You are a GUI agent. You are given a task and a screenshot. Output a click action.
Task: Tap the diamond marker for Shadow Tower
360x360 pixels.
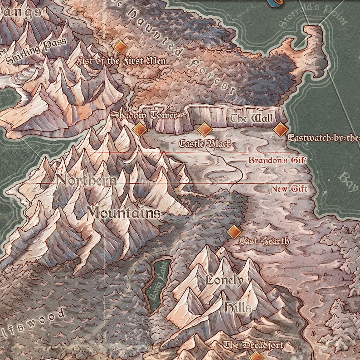coord(140,130)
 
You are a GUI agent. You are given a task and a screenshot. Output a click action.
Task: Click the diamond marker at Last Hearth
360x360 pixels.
coord(234,232)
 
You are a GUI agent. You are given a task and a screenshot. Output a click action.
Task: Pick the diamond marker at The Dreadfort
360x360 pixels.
coord(257,356)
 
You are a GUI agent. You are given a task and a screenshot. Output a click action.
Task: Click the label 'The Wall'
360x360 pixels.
coord(251,119)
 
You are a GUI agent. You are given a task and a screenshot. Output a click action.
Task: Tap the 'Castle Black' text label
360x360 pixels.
coord(206,144)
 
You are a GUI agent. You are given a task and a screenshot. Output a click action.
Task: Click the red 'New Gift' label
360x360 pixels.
coord(289,189)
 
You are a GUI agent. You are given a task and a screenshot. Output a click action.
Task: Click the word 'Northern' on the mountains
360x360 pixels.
coord(86,180)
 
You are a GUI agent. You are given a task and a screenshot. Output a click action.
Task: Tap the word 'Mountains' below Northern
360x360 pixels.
coord(123,212)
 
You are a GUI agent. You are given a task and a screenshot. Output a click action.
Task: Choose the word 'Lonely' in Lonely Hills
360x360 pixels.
coord(224,280)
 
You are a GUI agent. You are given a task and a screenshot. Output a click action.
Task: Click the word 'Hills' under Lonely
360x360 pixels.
coord(237,308)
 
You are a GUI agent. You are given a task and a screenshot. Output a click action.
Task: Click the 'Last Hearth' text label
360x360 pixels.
coord(264,241)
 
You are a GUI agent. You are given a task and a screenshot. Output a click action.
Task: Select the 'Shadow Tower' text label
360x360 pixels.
coord(144,115)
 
